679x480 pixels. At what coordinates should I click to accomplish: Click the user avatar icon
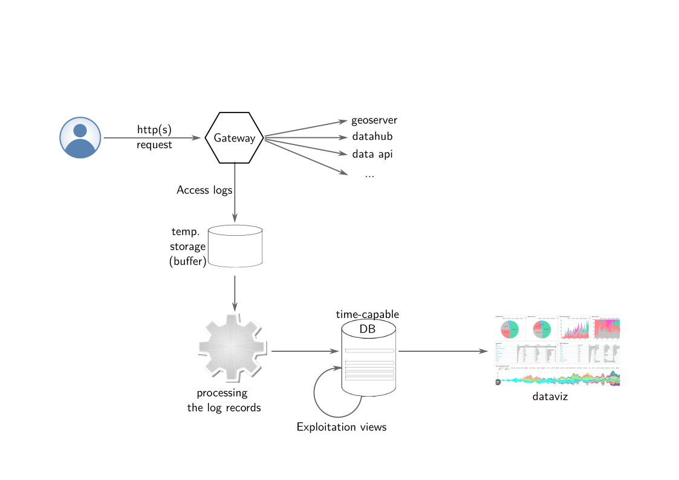(80, 138)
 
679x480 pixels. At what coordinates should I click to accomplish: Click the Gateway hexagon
(235, 138)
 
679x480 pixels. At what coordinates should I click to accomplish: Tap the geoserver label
(374, 120)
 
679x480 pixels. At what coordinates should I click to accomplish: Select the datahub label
(372, 137)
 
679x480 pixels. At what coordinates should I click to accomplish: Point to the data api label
(372, 154)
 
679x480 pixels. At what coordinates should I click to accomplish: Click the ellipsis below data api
(369, 174)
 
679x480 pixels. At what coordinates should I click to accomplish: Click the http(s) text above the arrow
(154, 129)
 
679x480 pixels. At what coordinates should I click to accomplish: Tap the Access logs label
(204, 190)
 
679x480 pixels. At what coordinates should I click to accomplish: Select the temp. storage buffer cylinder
(235, 247)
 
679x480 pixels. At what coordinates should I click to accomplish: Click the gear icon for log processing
(232, 349)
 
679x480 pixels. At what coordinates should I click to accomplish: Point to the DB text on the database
(367, 329)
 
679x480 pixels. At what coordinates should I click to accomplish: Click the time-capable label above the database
(367, 314)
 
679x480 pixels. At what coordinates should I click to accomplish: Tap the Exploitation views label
(341, 427)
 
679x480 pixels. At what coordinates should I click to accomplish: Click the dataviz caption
(550, 397)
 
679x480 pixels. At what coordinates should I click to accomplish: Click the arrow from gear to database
(304, 351)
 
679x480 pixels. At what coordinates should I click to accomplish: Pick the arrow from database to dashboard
(443, 351)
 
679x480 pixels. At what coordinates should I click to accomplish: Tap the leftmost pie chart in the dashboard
(510, 329)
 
